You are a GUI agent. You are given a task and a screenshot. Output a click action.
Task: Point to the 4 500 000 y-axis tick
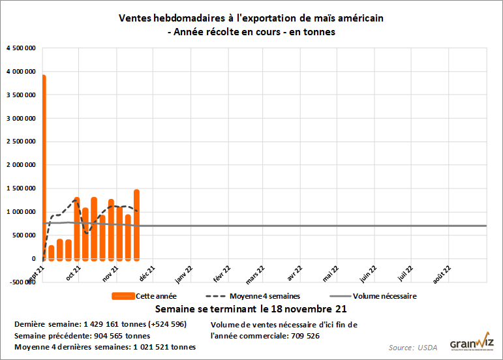(22, 48)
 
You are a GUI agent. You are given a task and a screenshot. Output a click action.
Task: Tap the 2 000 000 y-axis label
(22, 165)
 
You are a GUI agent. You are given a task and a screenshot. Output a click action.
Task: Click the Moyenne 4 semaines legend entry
(249, 295)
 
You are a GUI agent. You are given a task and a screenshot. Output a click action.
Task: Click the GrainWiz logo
(471, 344)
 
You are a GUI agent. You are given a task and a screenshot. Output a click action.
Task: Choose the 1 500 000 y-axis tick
(22, 188)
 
